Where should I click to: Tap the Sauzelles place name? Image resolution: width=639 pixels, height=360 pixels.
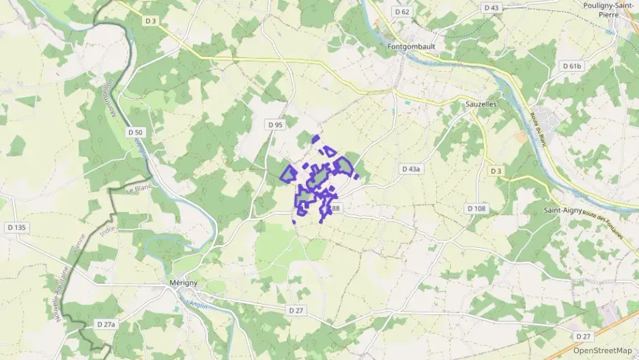pyautogui.click(x=481, y=105)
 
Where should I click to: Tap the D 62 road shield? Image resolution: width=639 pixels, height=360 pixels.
pyautogui.click(x=402, y=12)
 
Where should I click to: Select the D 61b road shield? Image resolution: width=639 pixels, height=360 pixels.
pyautogui.click(x=571, y=66)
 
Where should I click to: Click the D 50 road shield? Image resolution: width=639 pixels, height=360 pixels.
pyautogui.click(x=135, y=132)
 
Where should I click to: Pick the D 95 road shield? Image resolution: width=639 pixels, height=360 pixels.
pyautogui.click(x=275, y=125)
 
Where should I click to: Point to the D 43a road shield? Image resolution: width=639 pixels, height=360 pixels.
pyautogui.click(x=412, y=168)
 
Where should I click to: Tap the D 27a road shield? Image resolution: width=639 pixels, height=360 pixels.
pyautogui.click(x=106, y=324)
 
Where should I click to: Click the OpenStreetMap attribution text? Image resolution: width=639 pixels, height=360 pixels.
pyautogui.click(x=603, y=351)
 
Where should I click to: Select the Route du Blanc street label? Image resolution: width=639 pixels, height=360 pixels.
pyautogui.click(x=539, y=128)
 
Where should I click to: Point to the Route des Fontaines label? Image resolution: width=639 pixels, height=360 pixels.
pyautogui.click(x=603, y=223)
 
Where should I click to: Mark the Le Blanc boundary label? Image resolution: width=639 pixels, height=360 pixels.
pyautogui.click(x=139, y=189)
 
